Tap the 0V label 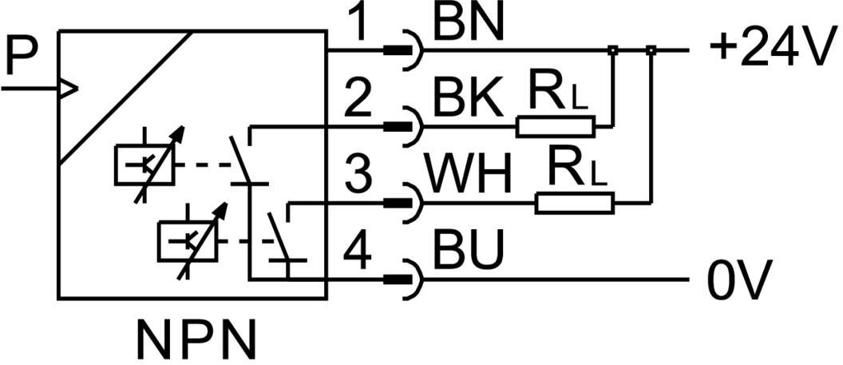tap(739, 281)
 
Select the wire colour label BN tap(469, 25)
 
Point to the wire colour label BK tap(469, 101)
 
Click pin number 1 tap(363, 25)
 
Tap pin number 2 tap(363, 101)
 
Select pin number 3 tap(363, 176)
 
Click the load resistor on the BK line tap(555, 126)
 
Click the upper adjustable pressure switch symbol tap(147, 163)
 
